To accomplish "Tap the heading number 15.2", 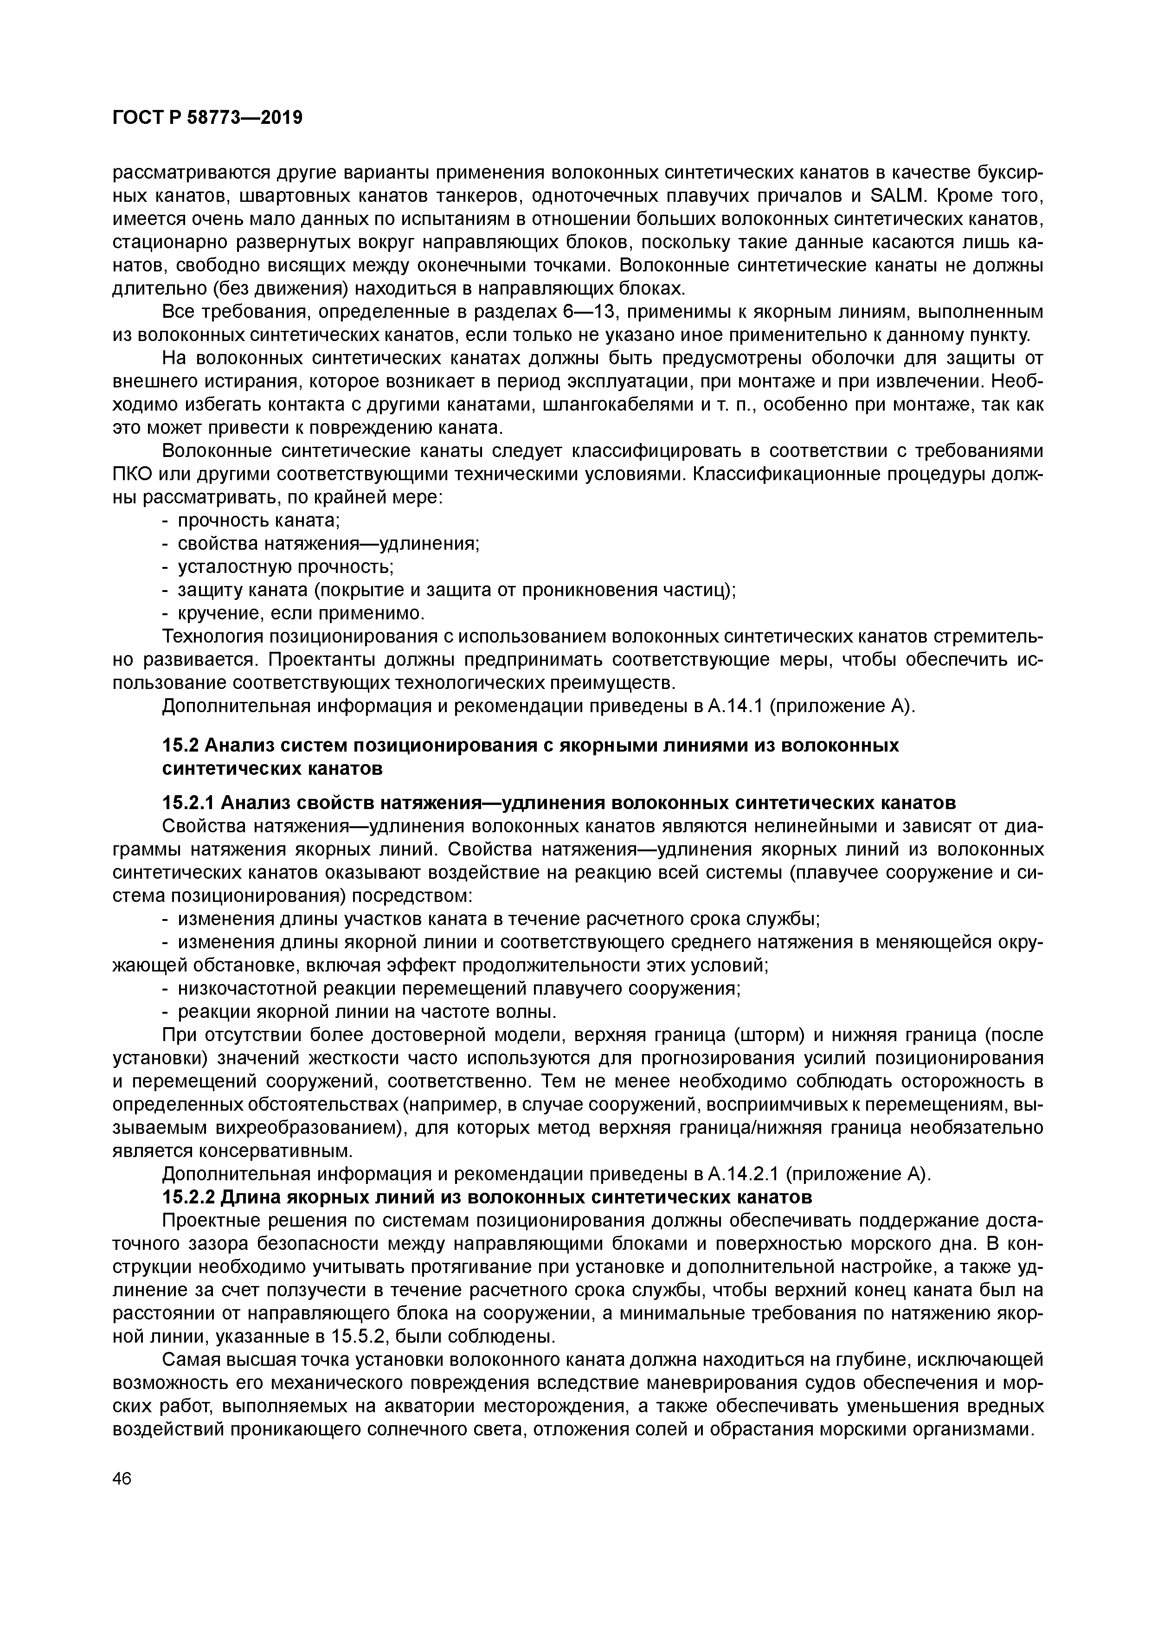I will click(x=182, y=746).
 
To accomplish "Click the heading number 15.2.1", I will click(x=189, y=803).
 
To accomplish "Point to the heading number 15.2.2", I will click(x=189, y=1197).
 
